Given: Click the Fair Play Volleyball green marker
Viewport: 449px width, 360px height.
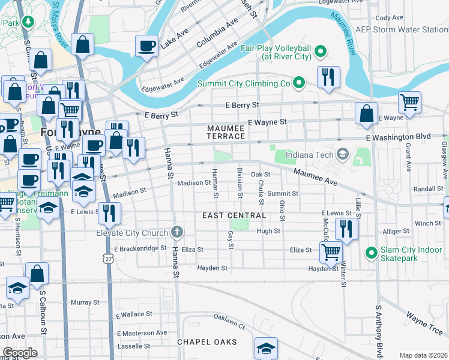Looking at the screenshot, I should pyautogui.click(x=321, y=52).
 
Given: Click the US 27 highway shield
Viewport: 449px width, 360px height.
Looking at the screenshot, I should pyautogui.click(x=108, y=257).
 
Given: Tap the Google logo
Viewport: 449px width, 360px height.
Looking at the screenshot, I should pyautogui.click(x=20, y=352).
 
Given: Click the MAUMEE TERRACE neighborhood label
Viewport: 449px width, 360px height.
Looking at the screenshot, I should pyautogui.click(x=226, y=132).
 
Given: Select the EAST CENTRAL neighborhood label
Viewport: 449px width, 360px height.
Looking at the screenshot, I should pyautogui.click(x=234, y=215).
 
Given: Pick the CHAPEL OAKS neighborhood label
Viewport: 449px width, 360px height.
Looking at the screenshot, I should pyautogui.click(x=206, y=342).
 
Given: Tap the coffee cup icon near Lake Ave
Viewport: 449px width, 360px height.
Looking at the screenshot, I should pyautogui.click(x=146, y=46).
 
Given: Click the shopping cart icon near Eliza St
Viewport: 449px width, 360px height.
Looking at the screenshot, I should pyautogui.click(x=331, y=251).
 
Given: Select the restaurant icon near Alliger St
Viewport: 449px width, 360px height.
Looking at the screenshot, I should pyautogui.click(x=346, y=228).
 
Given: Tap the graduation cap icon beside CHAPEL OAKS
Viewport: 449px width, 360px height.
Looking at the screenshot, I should pyautogui.click(x=265, y=348).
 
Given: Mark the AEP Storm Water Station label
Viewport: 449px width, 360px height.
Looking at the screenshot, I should pyautogui.click(x=410, y=29).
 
